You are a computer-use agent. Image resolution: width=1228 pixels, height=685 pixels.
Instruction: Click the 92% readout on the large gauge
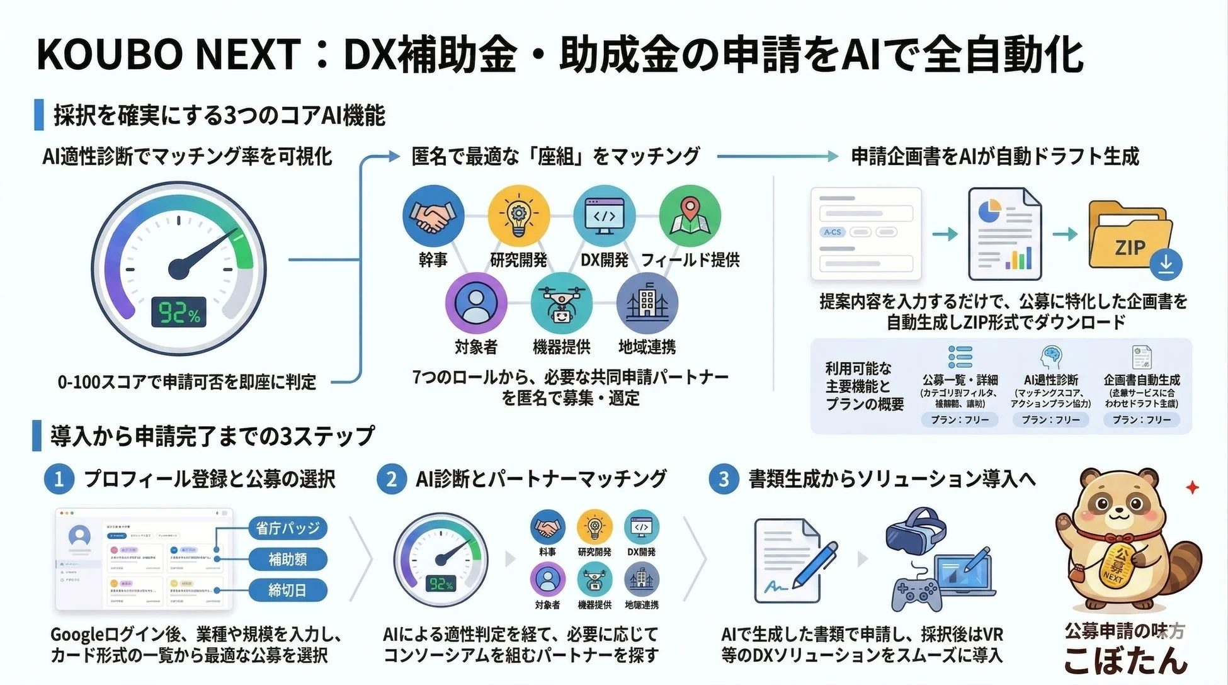click(179, 312)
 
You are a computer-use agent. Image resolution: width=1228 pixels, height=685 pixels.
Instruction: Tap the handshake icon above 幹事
click(433, 216)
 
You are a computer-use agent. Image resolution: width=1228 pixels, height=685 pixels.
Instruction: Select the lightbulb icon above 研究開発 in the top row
click(518, 216)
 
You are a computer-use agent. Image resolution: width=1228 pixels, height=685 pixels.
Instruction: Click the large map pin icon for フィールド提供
click(690, 216)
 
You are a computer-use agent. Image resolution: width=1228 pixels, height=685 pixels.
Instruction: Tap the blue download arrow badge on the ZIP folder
click(1166, 264)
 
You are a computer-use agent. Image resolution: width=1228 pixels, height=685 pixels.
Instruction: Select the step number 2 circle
click(392, 480)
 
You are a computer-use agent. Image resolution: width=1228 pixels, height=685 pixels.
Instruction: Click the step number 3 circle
click(724, 480)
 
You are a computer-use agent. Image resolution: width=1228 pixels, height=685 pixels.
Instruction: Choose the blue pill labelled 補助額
click(288, 559)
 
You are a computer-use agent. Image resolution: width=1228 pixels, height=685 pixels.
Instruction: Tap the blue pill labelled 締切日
click(288, 591)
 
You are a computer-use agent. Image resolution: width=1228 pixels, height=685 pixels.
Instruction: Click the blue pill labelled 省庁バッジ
click(288, 528)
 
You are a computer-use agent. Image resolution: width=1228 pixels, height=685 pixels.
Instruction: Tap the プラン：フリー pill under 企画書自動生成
click(1141, 419)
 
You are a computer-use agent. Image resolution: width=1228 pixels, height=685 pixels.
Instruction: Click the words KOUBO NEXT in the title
click(169, 54)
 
